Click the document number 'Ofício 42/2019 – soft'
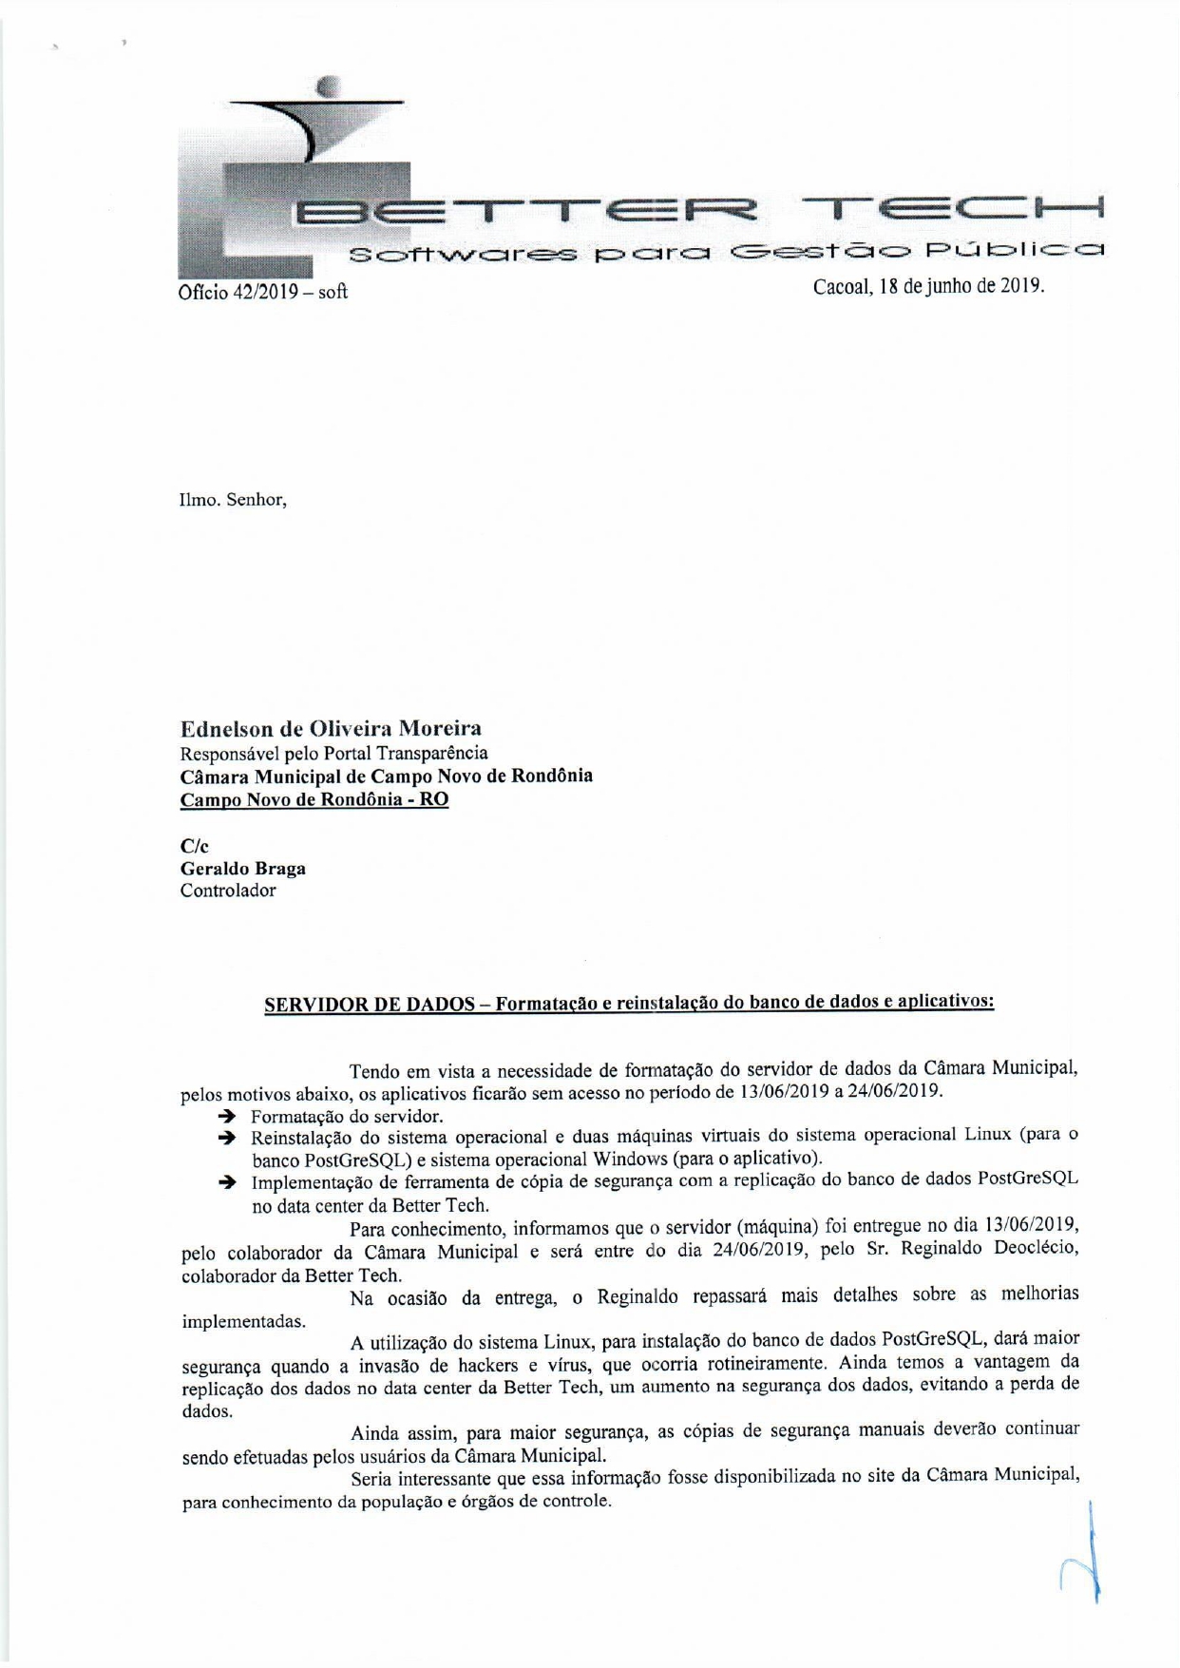click(x=263, y=292)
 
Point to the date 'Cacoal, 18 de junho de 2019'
click(x=928, y=286)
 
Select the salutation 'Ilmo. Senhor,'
click(x=233, y=499)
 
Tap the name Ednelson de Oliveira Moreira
click(x=331, y=729)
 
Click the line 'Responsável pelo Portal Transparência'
click(x=333, y=753)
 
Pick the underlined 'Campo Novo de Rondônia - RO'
click(x=314, y=799)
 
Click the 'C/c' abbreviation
click(x=194, y=846)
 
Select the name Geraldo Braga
click(x=243, y=868)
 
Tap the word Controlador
click(x=228, y=891)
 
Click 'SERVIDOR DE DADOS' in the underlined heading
click(x=369, y=1005)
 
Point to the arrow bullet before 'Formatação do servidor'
click(x=226, y=1116)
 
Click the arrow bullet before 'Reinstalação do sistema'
click(x=226, y=1138)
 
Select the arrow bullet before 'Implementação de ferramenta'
click(x=226, y=1182)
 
